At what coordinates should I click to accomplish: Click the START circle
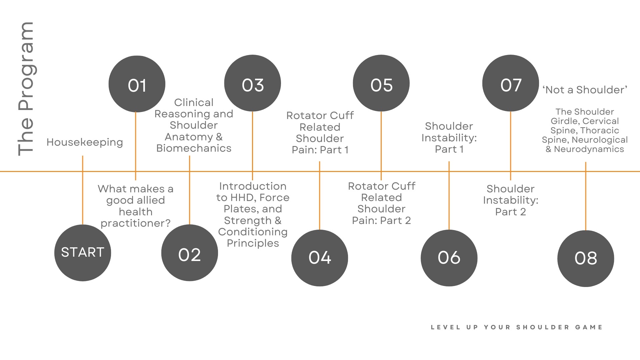pos(83,253)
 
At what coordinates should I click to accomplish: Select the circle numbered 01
pos(137,84)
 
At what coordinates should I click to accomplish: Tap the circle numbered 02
pos(190,253)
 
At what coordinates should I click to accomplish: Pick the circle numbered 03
pos(253,83)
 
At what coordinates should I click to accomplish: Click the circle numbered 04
pos(320,258)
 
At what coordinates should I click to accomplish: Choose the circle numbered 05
pos(381,83)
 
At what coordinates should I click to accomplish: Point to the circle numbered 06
pos(449,258)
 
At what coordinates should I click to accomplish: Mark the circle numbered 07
pos(511,83)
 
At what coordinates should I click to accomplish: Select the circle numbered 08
pos(586,258)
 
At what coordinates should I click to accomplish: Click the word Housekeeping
pos(85,142)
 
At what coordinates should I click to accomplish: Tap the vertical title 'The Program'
pos(26,89)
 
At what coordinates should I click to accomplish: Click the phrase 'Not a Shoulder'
pos(585,90)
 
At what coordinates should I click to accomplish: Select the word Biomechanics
pos(194,148)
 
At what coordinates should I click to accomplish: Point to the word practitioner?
pos(136,223)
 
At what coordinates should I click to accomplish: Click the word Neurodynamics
pos(589,149)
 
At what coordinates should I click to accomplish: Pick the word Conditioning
pos(253,232)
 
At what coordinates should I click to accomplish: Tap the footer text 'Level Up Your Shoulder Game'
pos(517,327)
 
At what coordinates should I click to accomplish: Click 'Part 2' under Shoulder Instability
pos(510,212)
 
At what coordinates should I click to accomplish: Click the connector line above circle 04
pos(320,200)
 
